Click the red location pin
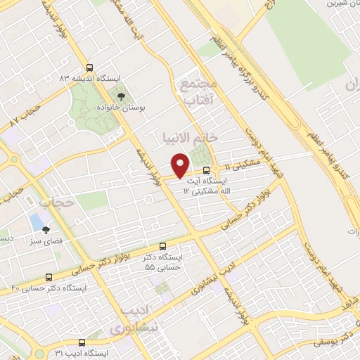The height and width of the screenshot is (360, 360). coord(180,165)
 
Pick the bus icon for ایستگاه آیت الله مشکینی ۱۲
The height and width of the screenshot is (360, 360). coord(206,171)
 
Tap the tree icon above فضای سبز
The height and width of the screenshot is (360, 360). coord(46,230)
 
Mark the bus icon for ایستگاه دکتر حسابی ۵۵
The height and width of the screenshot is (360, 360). coord(163,247)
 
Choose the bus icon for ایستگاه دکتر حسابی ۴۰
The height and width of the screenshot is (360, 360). coord(49,277)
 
